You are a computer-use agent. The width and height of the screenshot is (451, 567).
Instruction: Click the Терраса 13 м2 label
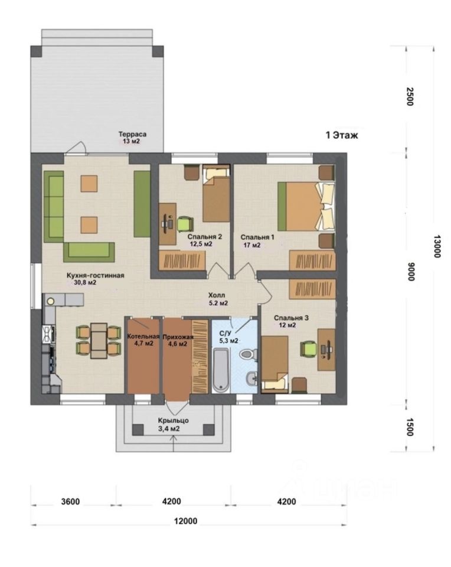(x=132, y=138)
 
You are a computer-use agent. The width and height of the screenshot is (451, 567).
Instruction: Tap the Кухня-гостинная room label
(x=96, y=276)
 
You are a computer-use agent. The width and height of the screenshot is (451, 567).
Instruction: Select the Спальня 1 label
(x=257, y=237)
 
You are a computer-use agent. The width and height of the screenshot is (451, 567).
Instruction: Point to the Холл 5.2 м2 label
(x=218, y=299)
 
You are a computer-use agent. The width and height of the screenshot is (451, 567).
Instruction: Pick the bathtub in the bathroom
(x=221, y=370)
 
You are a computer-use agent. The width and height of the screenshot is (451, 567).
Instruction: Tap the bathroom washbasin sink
(x=251, y=379)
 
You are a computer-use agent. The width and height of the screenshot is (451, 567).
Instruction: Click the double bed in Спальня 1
(x=306, y=207)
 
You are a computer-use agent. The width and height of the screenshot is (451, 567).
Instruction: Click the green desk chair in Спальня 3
(x=309, y=349)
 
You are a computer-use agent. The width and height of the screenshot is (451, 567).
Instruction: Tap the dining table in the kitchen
(x=99, y=341)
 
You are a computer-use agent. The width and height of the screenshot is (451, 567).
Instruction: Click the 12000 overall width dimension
(x=185, y=521)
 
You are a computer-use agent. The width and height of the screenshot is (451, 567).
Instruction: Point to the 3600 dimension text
(x=70, y=502)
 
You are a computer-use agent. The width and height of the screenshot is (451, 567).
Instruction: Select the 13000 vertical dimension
(x=437, y=246)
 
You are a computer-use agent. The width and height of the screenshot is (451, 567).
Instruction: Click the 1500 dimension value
(x=410, y=426)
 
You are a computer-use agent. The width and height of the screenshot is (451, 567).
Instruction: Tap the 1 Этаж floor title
(x=342, y=136)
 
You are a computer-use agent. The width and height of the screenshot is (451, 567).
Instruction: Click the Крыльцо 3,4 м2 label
(x=173, y=425)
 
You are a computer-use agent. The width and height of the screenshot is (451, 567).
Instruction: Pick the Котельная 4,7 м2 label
(x=143, y=340)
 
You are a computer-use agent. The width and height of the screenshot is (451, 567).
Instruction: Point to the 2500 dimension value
(x=410, y=96)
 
